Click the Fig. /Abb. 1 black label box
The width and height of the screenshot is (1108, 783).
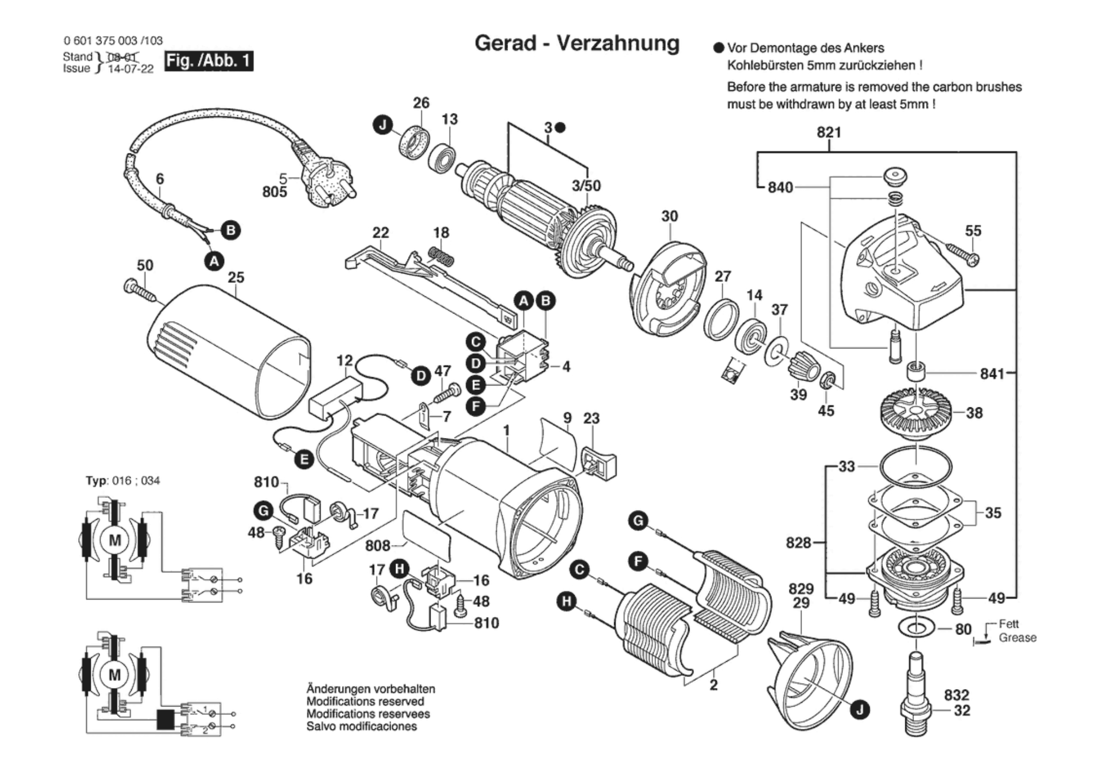pos(209,60)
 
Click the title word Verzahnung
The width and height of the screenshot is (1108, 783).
pos(618,43)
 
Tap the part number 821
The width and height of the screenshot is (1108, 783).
pos(829,133)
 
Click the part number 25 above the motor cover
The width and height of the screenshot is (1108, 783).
pos(236,277)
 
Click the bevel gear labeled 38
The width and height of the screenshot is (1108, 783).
pos(917,413)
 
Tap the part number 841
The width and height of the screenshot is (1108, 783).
pos(992,373)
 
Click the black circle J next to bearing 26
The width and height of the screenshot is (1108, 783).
pos(382,126)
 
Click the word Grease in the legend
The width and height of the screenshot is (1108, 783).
pos(1017,638)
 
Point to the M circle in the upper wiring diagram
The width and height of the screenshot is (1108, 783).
pos(115,540)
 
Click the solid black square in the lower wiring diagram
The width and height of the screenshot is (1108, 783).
pos(166,720)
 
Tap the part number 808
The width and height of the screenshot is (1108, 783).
pos(378,545)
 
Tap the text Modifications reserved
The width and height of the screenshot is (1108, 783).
pos(366,702)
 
